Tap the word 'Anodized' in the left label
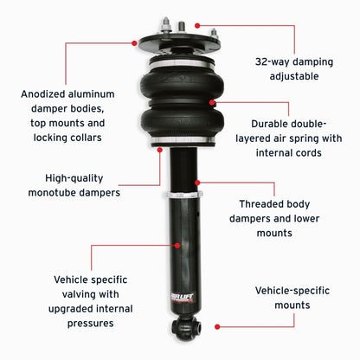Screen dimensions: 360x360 [x=44, y=93]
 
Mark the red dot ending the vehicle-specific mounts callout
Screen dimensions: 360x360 [x=216, y=326]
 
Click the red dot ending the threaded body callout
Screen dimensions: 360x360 [x=199, y=183]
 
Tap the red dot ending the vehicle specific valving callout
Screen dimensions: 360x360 [x=177, y=245]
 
